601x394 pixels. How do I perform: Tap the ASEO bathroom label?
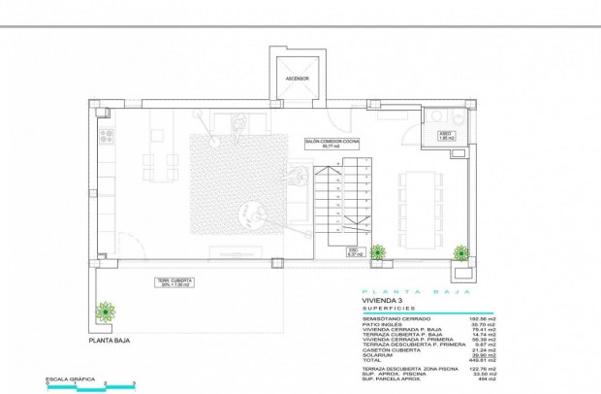click(x=445, y=136)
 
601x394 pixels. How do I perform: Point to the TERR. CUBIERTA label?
click(x=174, y=283)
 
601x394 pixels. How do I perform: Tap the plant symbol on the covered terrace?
click(x=105, y=312)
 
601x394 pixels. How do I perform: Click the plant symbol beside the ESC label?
click(x=380, y=252)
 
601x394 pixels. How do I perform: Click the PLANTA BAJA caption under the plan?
click(x=109, y=341)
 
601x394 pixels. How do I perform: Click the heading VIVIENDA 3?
click(x=369, y=302)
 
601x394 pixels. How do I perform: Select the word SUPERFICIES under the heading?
click(x=374, y=309)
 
